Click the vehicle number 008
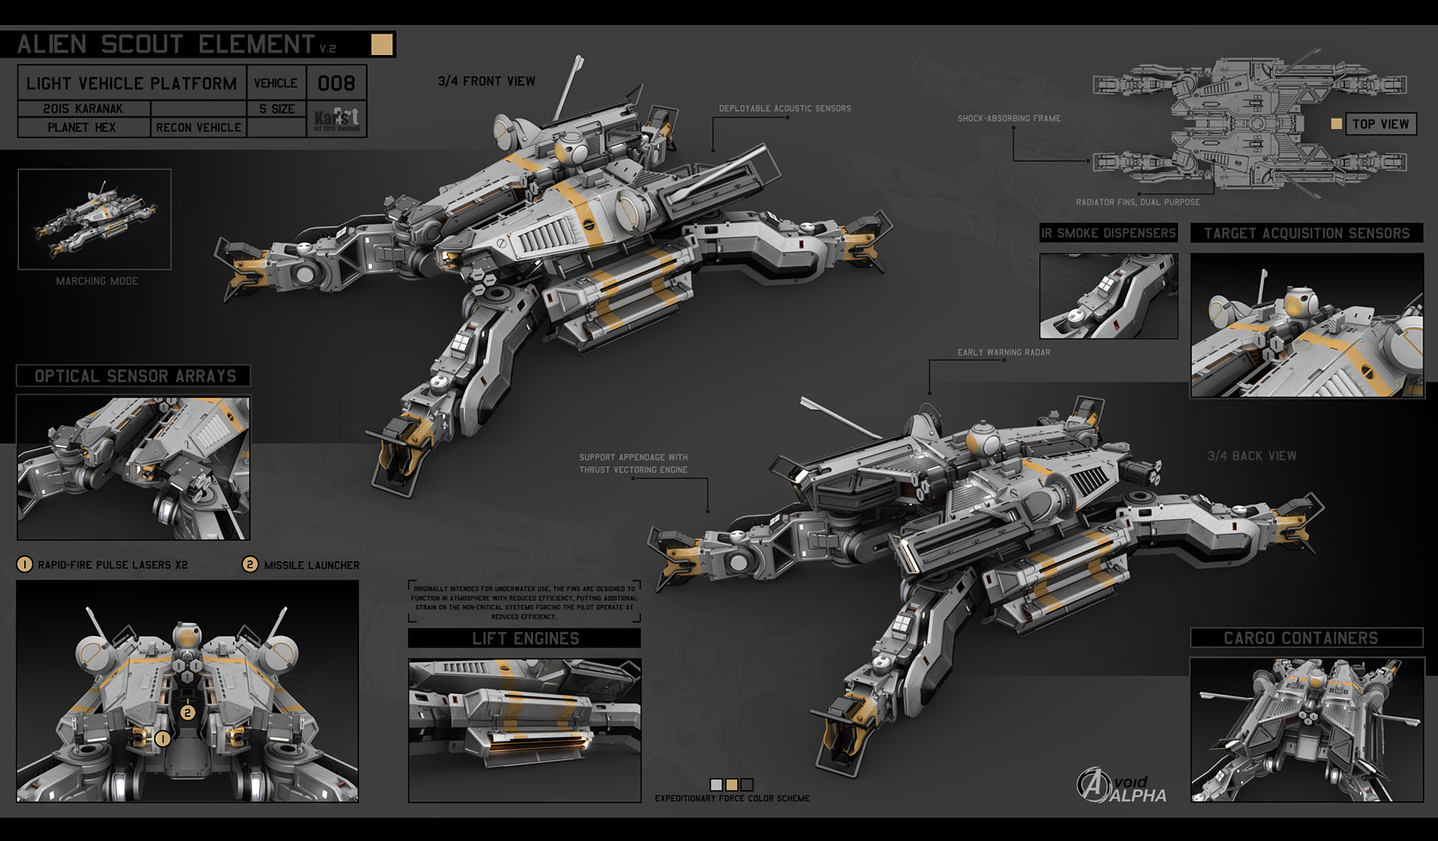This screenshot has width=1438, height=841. pos(336,83)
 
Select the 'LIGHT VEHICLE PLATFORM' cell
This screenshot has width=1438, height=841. pos(131,83)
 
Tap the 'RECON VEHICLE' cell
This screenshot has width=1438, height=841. pos(199,127)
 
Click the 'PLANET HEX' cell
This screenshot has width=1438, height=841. pos(82,127)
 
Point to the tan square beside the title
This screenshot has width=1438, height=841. pos(381,44)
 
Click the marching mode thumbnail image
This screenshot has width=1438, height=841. pos(95,219)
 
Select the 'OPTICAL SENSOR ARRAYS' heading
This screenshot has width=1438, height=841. pos(134,376)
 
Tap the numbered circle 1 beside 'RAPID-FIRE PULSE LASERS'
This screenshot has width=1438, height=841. pos(25,565)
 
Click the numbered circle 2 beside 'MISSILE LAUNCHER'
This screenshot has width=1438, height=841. pos(250,565)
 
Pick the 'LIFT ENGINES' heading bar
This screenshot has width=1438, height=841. pos(524,639)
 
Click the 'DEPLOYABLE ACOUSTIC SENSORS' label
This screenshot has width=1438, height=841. pos(784,108)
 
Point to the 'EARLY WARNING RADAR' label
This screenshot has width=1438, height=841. pos(1003,352)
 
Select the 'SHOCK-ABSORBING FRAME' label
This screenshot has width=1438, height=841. pos(1008,118)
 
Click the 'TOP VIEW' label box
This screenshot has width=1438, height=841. pos(1379,124)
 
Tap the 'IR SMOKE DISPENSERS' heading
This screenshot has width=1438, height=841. pos(1107,233)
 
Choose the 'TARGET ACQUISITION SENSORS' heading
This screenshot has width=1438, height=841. pos(1306,233)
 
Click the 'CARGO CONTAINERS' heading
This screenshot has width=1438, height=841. pos(1300,638)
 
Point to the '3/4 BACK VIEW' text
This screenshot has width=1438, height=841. pos(1251,456)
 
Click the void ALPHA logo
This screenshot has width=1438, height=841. pos(1121,786)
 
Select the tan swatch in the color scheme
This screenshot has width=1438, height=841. pos(731,784)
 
